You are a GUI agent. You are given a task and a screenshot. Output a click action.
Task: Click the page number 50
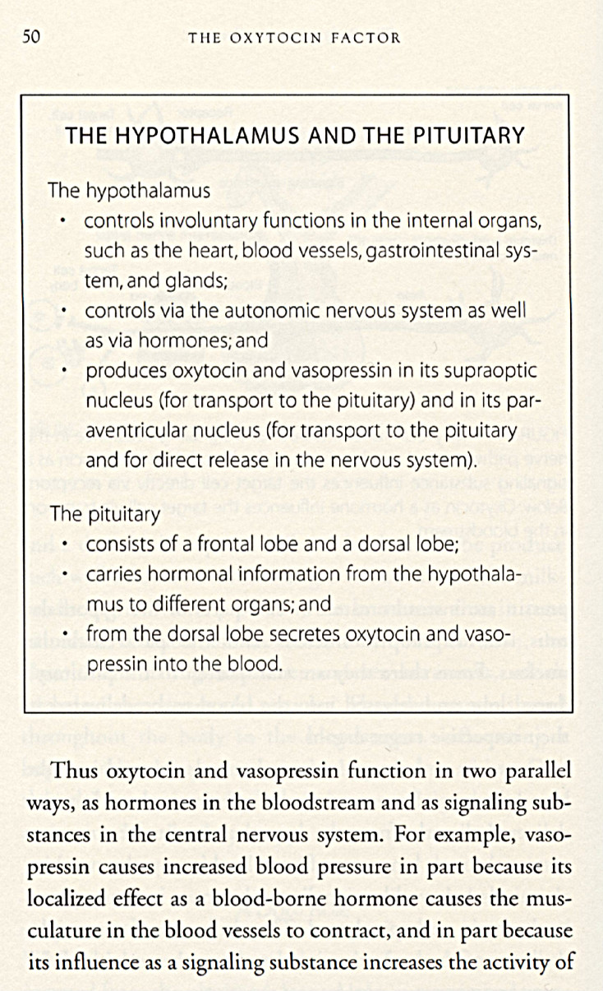[x=31, y=36]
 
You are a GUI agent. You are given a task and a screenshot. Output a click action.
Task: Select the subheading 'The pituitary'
[x=104, y=515]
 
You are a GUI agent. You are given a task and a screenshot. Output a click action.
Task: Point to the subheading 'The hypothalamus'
[x=129, y=191]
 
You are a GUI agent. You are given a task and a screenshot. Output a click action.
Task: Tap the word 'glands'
[x=196, y=280]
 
